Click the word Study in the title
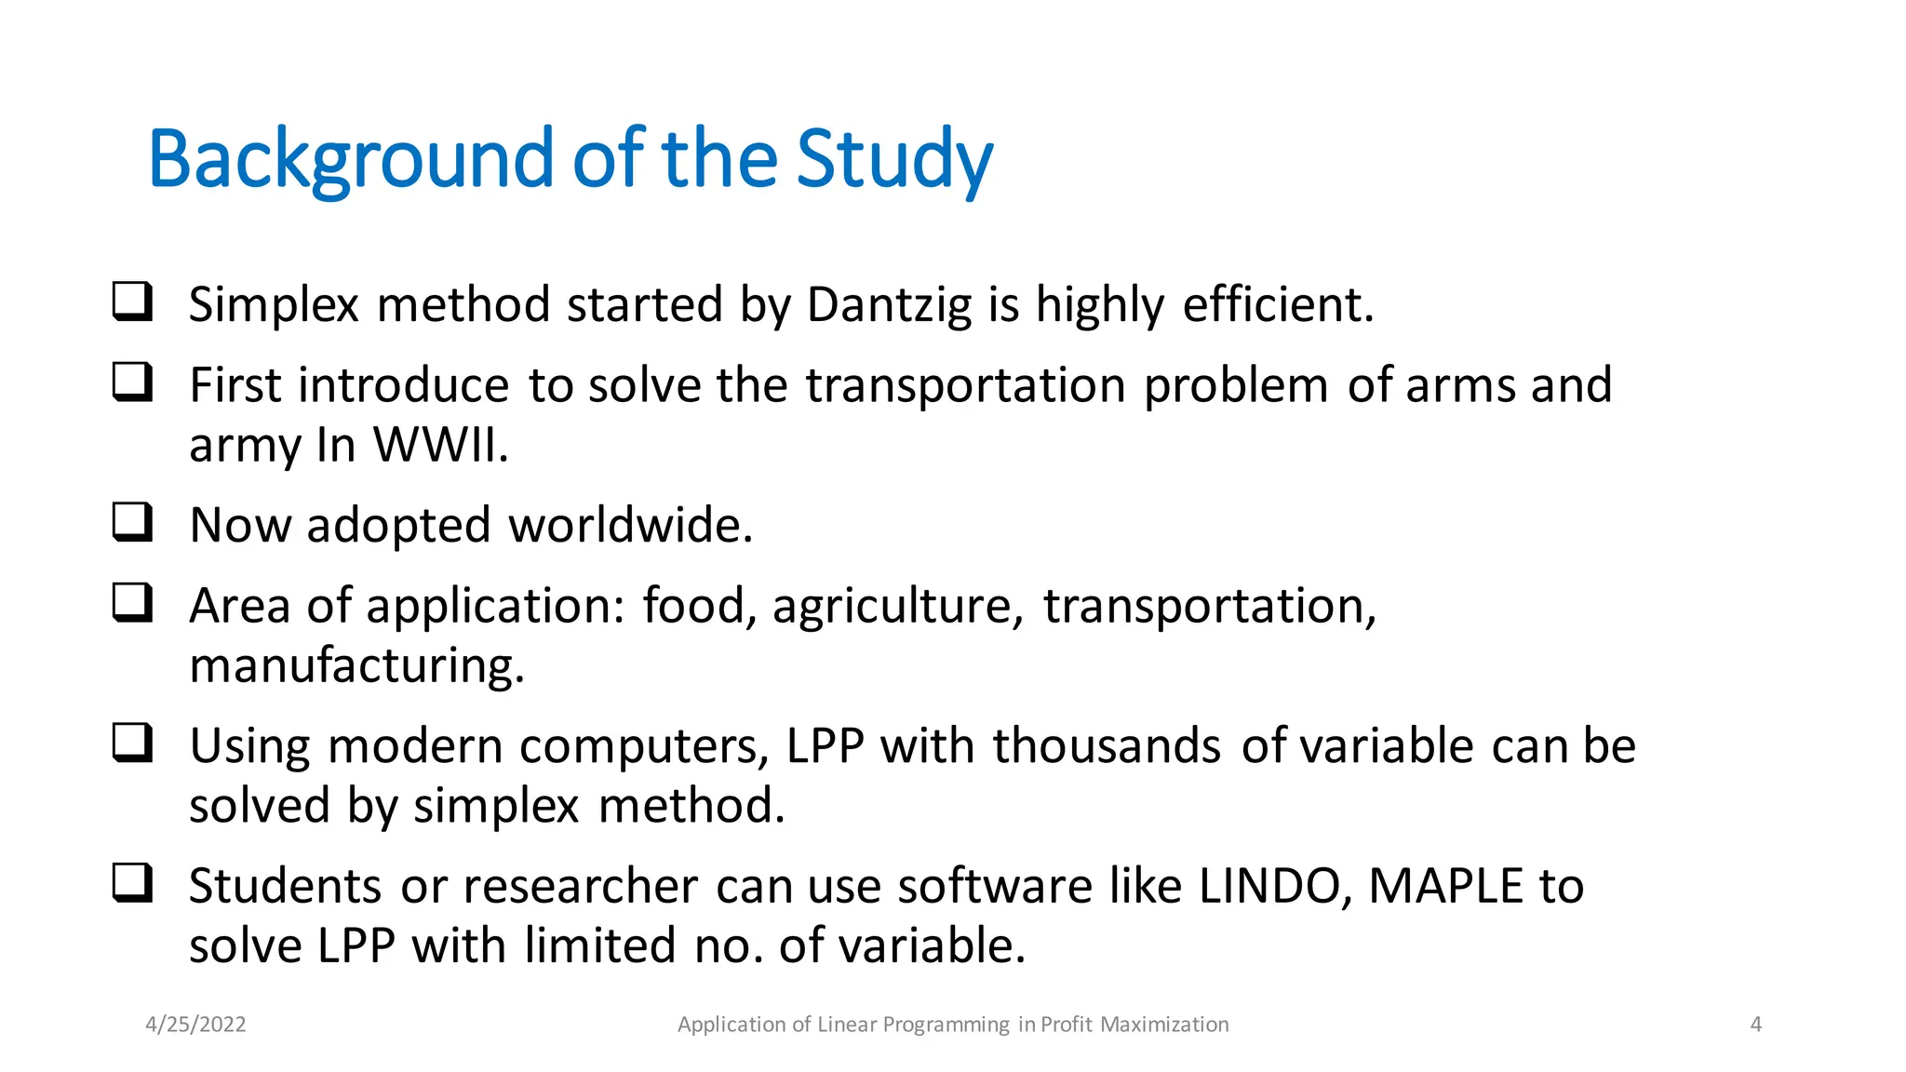(893, 160)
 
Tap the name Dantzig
(889, 305)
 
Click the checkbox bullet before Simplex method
(132, 301)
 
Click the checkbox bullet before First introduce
(132, 382)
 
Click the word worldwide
(630, 525)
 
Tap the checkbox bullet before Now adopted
(132, 522)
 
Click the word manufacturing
(356, 666)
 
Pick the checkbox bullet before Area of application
(132, 602)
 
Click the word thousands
(1106, 746)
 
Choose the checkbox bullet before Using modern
(132, 743)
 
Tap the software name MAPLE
(1444, 886)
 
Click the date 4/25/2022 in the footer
(195, 1025)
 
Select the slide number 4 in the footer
(1755, 1025)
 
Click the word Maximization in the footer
(1163, 1025)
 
